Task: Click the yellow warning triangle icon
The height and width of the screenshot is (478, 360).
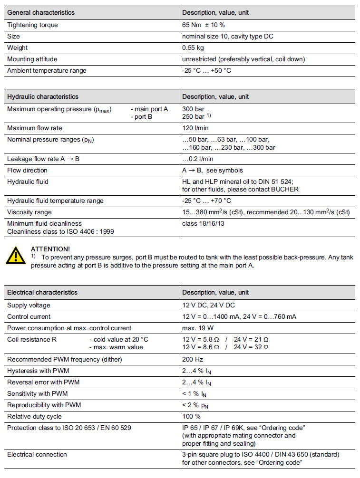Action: click(16, 256)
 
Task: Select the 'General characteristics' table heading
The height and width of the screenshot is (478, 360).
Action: click(41, 13)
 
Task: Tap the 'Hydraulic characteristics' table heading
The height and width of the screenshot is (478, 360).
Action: click(43, 96)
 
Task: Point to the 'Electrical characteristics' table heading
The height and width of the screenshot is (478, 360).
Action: click(42, 292)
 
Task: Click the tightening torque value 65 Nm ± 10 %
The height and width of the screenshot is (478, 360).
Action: click(203, 25)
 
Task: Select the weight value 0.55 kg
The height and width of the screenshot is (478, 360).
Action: click(193, 48)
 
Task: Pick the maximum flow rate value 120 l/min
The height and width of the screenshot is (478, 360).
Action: click(195, 128)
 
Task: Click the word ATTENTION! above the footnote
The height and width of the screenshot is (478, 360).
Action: click(50, 249)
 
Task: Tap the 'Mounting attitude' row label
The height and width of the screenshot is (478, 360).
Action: click(32, 59)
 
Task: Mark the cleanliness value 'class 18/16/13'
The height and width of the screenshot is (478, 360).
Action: click(204, 223)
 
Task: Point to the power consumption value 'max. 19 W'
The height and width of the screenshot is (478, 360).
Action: click(197, 328)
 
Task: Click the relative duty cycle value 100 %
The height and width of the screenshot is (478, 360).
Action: click(191, 416)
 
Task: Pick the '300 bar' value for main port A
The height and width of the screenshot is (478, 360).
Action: click(193, 109)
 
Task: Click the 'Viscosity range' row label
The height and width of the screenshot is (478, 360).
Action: click(29, 212)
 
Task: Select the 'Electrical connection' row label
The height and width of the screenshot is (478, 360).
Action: click(37, 454)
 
